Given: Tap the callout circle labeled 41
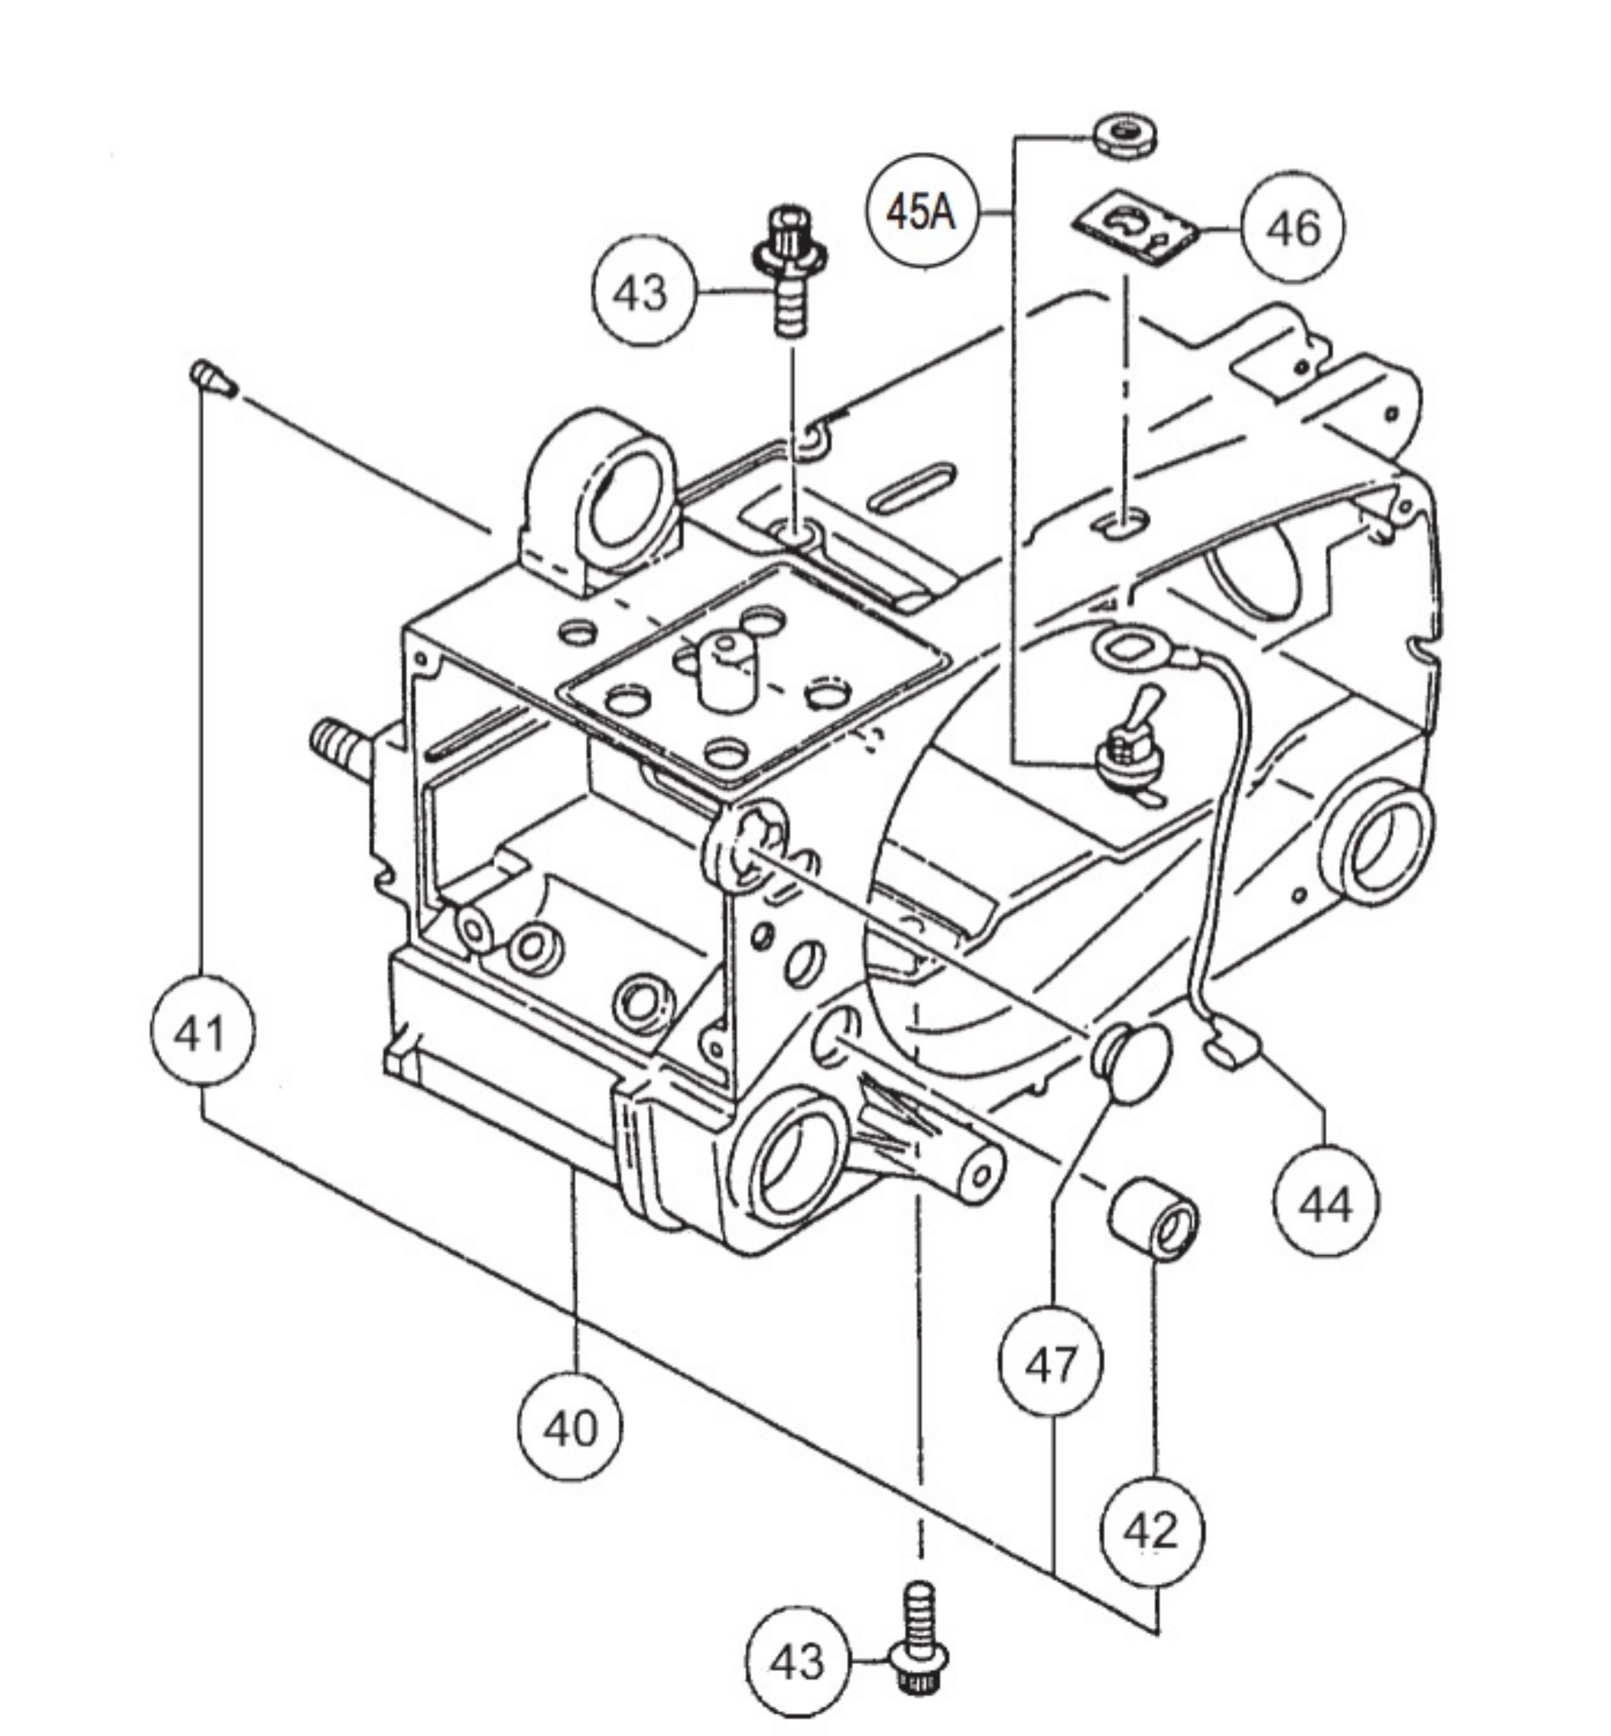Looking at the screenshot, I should (202, 1033).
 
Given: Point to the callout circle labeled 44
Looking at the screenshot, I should (1325, 1205).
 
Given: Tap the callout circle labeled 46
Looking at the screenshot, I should (1293, 229).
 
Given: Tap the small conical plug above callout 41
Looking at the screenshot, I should (212, 378).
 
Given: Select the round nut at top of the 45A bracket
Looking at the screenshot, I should (1124, 138).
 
